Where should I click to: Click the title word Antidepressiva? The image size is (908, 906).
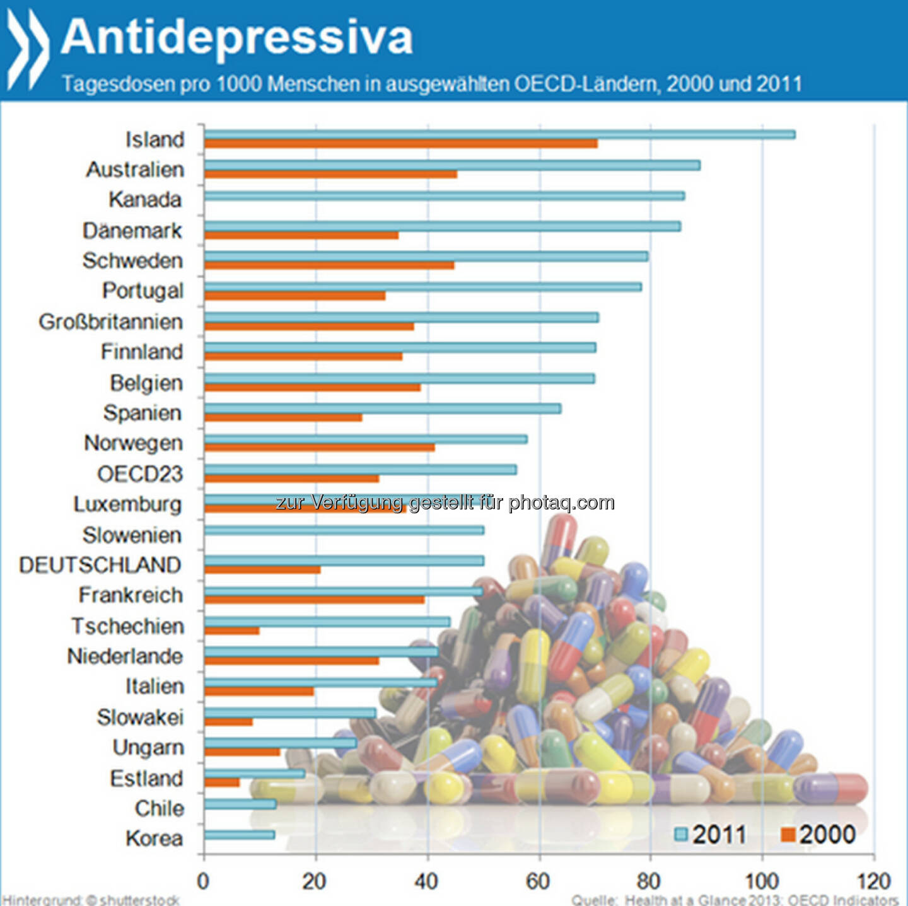tap(236, 37)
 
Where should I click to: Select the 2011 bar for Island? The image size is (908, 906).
tap(498, 134)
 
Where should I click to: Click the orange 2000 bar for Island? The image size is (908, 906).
tap(400, 144)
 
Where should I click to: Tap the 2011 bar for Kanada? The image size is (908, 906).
tap(444, 196)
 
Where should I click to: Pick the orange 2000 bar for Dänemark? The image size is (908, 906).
tap(301, 235)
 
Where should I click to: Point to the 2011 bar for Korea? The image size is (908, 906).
tap(239, 835)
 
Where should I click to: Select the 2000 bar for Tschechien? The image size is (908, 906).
tap(231, 630)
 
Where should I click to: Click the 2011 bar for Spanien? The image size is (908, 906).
tap(382, 409)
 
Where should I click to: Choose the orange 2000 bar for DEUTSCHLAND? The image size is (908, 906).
tap(262, 570)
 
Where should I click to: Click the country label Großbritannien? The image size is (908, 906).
tap(111, 322)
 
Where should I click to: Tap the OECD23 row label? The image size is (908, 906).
tap(140, 473)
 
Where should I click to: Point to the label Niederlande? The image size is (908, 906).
tap(125, 656)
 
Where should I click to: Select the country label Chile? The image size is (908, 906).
tap(159, 808)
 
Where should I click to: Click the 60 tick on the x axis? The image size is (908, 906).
tap(538, 881)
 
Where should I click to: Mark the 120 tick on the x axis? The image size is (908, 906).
tap(873, 881)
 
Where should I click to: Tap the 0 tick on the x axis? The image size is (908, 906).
tap(203, 881)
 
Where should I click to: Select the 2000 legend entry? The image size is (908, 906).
tap(818, 835)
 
